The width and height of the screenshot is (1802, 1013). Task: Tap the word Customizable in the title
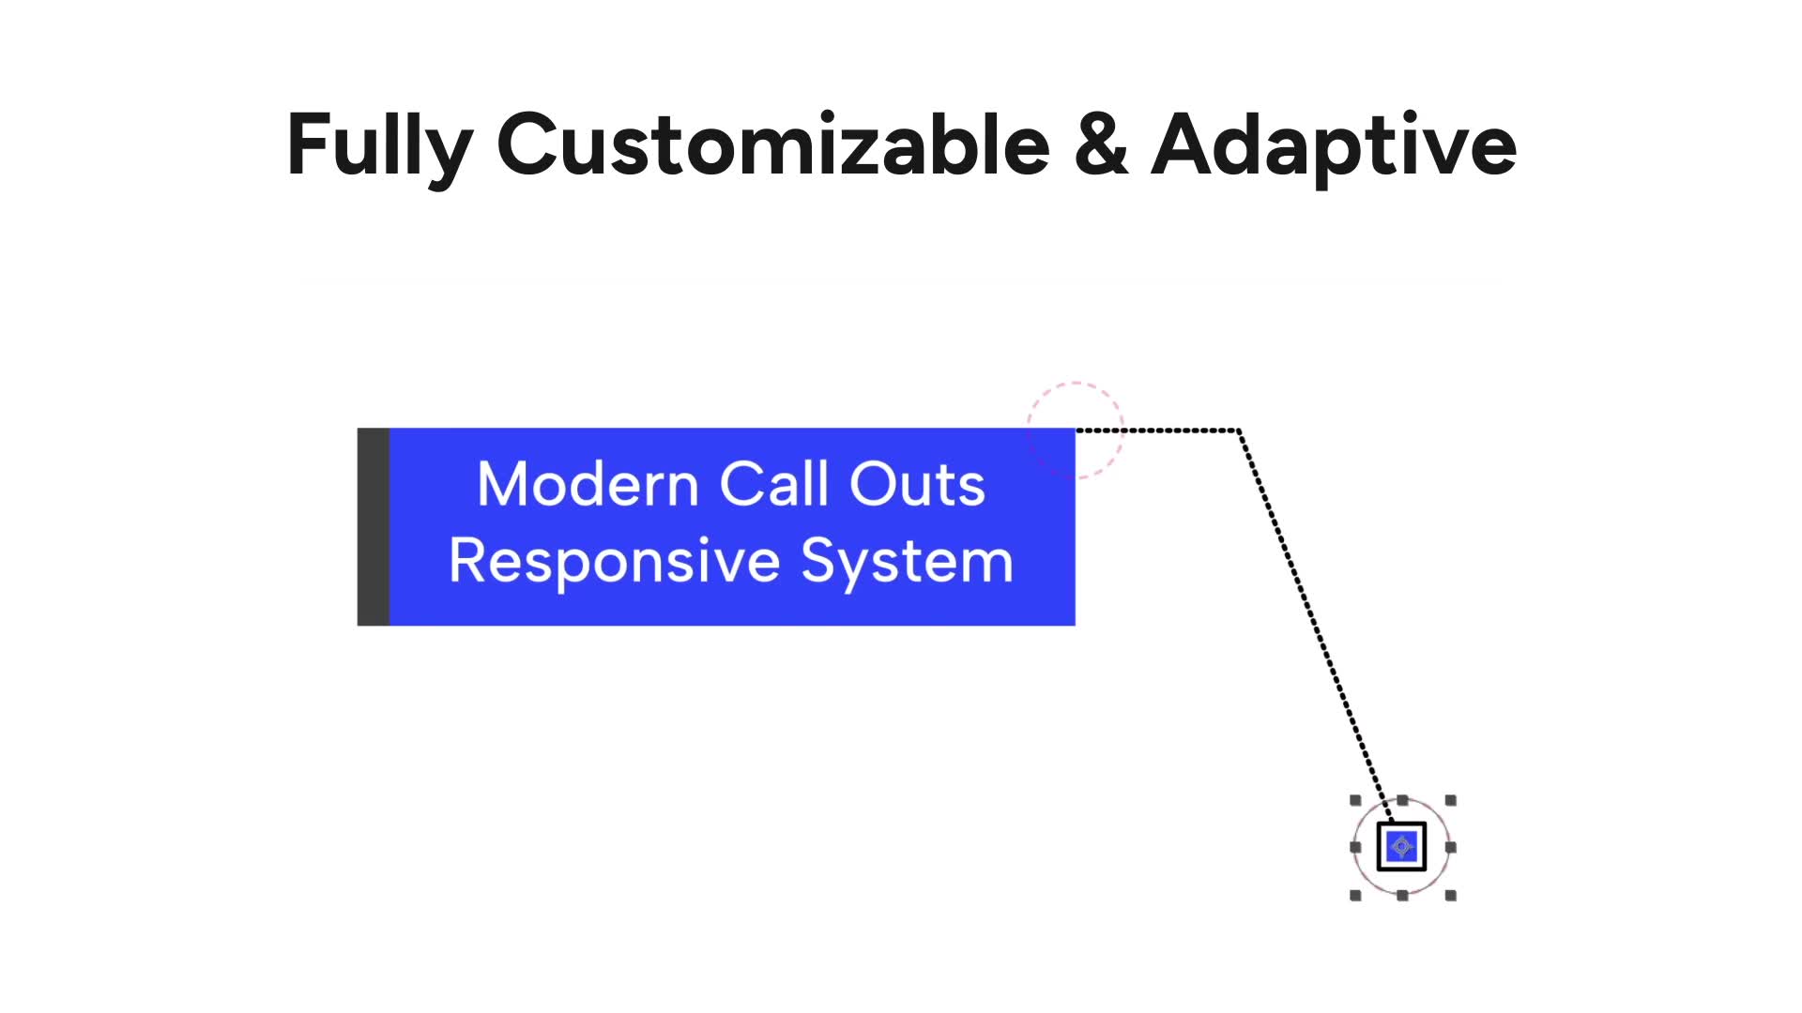[x=773, y=144]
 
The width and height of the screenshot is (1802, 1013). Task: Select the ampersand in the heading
[x=1101, y=144]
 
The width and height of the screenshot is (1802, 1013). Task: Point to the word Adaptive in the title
[x=1334, y=147]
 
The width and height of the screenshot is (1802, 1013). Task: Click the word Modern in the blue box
[x=588, y=484]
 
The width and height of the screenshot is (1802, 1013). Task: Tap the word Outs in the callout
[x=917, y=484]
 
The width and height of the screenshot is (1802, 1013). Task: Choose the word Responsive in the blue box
[x=615, y=563]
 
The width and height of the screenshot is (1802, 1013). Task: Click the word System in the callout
[x=908, y=563]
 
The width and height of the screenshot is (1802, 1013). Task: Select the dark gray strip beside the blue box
[x=374, y=527]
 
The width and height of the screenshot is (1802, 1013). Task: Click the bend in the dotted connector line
[x=1240, y=431]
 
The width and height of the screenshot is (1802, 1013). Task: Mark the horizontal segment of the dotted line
[x=1157, y=431]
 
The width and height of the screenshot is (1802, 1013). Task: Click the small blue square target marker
[x=1402, y=847]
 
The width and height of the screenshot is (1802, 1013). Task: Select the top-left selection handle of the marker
[x=1355, y=800]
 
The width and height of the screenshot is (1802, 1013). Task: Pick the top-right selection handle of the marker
[x=1451, y=800]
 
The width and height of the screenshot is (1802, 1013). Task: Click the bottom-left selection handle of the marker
[x=1355, y=896]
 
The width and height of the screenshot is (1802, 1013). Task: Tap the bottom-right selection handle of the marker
[x=1451, y=896]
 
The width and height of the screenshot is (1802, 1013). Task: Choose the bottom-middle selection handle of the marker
[x=1402, y=896]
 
